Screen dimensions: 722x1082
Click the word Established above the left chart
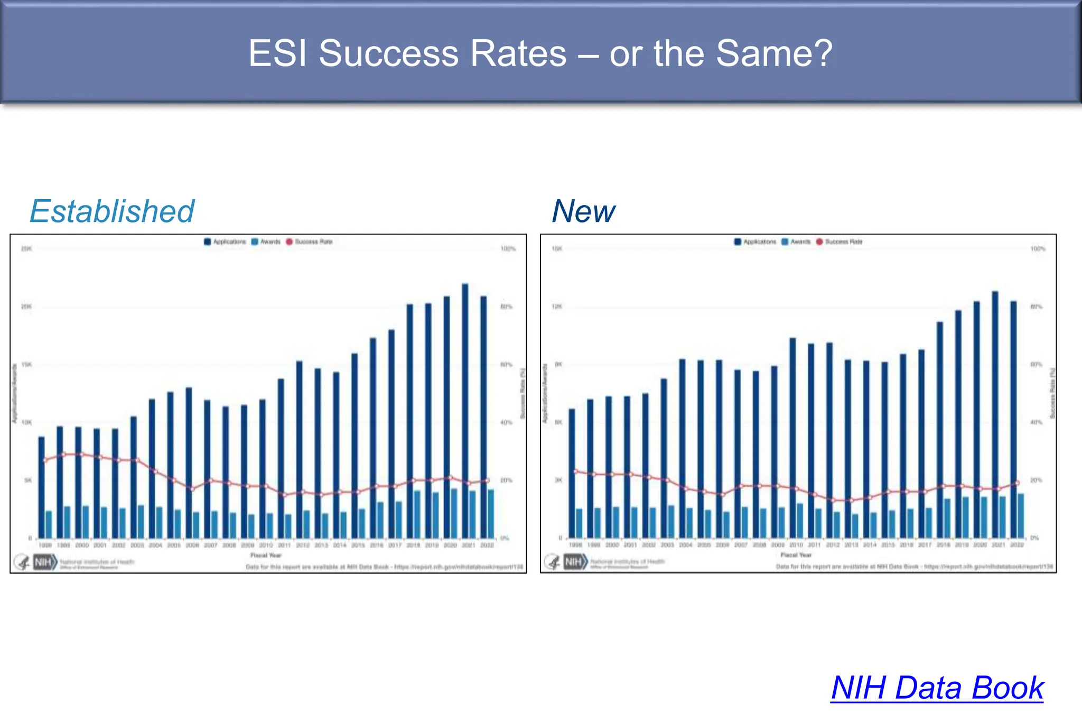[x=112, y=211]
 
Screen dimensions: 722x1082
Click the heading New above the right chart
[x=583, y=211]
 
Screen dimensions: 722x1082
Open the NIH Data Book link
[x=937, y=688]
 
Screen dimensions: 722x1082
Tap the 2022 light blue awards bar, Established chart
[x=491, y=513]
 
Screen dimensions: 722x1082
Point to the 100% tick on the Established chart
[x=508, y=248]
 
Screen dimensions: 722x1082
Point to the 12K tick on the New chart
[x=557, y=307]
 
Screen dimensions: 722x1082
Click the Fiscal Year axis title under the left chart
[x=266, y=555]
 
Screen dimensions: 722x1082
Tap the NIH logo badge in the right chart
[x=574, y=561]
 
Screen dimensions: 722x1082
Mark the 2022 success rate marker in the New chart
[x=1017, y=483]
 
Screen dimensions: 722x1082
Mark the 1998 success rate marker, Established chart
[x=45, y=460]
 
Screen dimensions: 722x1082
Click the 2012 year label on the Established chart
[x=303, y=545]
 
